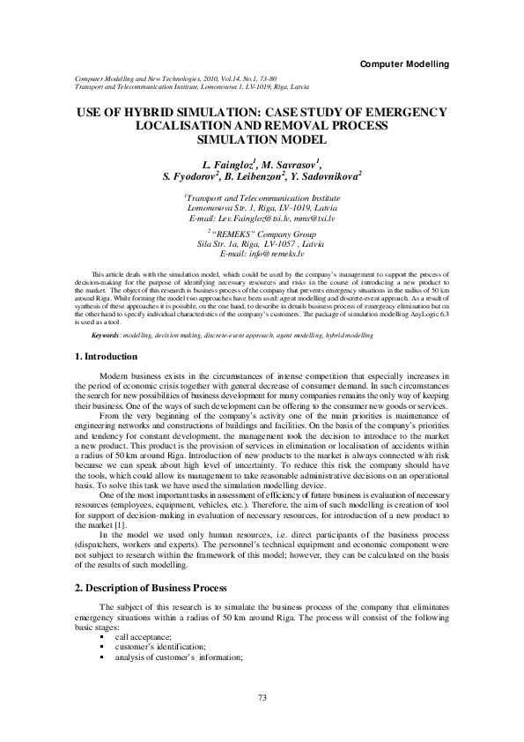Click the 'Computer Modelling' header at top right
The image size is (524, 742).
[x=405, y=64]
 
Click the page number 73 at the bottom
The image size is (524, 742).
[x=262, y=698]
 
